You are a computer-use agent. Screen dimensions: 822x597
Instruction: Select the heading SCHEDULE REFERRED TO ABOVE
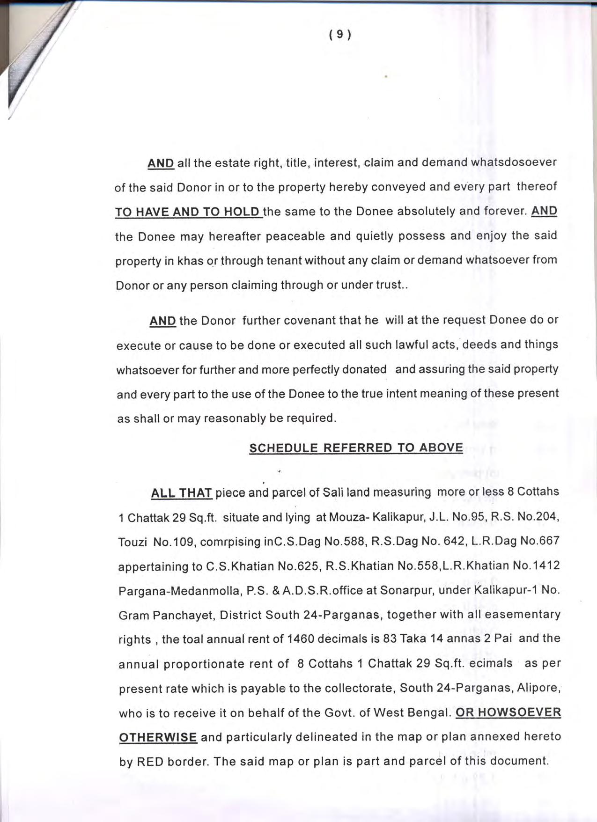pos(356,448)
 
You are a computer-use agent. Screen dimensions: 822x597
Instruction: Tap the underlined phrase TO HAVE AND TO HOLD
pos(188,212)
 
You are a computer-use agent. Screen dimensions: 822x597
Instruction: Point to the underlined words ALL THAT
pos(182,493)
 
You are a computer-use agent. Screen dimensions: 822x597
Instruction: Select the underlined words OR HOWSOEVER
pos(508,712)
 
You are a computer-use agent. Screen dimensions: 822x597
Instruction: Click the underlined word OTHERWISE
pos(158,737)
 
